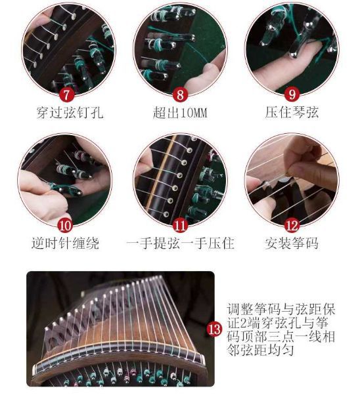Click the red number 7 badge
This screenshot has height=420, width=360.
(x=65, y=93)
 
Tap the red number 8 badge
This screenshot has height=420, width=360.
(x=179, y=93)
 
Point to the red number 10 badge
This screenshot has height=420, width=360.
(x=65, y=224)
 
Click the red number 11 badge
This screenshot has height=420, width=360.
(x=179, y=224)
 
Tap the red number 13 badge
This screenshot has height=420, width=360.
(x=214, y=329)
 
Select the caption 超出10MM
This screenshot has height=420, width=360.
(x=179, y=113)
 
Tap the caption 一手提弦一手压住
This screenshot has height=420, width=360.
(x=180, y=244)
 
